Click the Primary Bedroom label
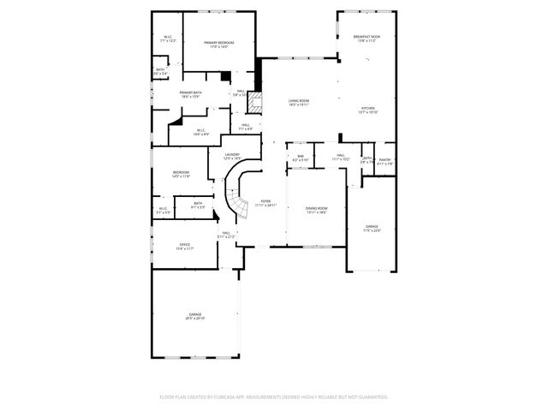point(220,44)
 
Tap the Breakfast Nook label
point(366,39)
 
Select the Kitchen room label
point(367,110)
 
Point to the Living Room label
point(298,104)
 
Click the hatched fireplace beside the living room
point(253,104)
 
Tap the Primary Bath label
point(190,94)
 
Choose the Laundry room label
point(231,157)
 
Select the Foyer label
point(265,204)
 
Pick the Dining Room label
point(317,210)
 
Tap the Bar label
point(301,158)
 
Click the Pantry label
point(384,161)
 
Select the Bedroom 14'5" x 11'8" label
point(181,174)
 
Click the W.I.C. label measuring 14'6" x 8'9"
point(200,132)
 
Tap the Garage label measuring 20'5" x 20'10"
point(195,315)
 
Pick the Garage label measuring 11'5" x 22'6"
point(371,228)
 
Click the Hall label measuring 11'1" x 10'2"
point(340,158)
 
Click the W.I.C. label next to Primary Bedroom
point(169,39)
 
